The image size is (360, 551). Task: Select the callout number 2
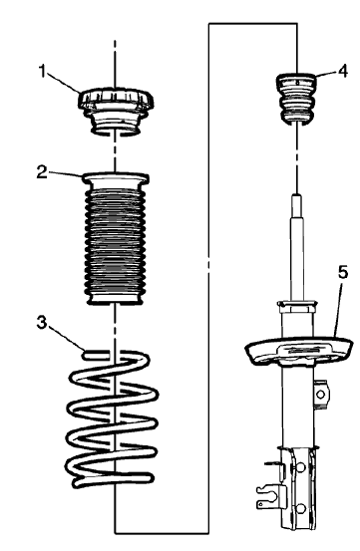pyautogui.click(x=43, y=171)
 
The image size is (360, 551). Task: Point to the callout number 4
pyautogui.click(x=342, y=71)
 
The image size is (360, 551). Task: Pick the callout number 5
pyautogui.click(x=342, y=270)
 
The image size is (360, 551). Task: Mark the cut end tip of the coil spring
pyautogui.click(x=88, y=352)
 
